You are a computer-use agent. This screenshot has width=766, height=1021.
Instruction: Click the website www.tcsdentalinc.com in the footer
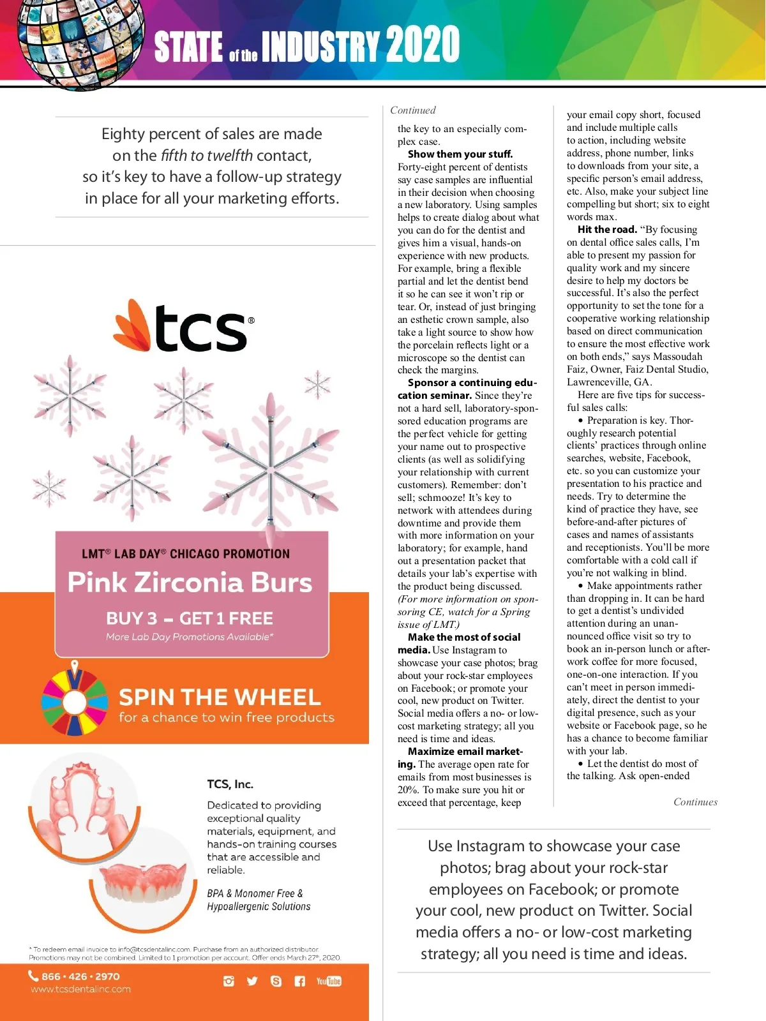(x=80, y=989)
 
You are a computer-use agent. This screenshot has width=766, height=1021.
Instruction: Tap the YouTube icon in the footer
(x=329, y=981)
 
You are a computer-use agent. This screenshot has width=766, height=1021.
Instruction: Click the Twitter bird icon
(x=252, y=981)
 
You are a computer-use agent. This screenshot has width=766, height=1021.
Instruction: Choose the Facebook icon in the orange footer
(x=299, y=981)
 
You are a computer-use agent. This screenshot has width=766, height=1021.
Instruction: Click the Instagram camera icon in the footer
(x=229, y=981)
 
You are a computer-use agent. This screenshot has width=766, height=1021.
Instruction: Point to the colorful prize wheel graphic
(x=75, y=700)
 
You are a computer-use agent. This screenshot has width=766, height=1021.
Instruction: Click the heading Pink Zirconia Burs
(x=190, y=582)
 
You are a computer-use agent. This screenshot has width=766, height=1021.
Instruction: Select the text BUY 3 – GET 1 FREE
(x=190, y=618)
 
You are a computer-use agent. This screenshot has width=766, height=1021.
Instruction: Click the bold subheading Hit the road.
(x=607, y=229)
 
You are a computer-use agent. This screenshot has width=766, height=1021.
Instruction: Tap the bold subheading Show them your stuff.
(x=460, y=154)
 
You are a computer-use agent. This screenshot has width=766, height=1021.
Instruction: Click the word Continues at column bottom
(x=695, y=802)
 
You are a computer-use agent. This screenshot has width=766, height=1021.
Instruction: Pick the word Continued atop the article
(x=413, y=110)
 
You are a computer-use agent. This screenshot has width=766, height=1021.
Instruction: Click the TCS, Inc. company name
(x=230, y=784)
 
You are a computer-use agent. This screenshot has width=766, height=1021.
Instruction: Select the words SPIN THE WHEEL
(x=220, y=697)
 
